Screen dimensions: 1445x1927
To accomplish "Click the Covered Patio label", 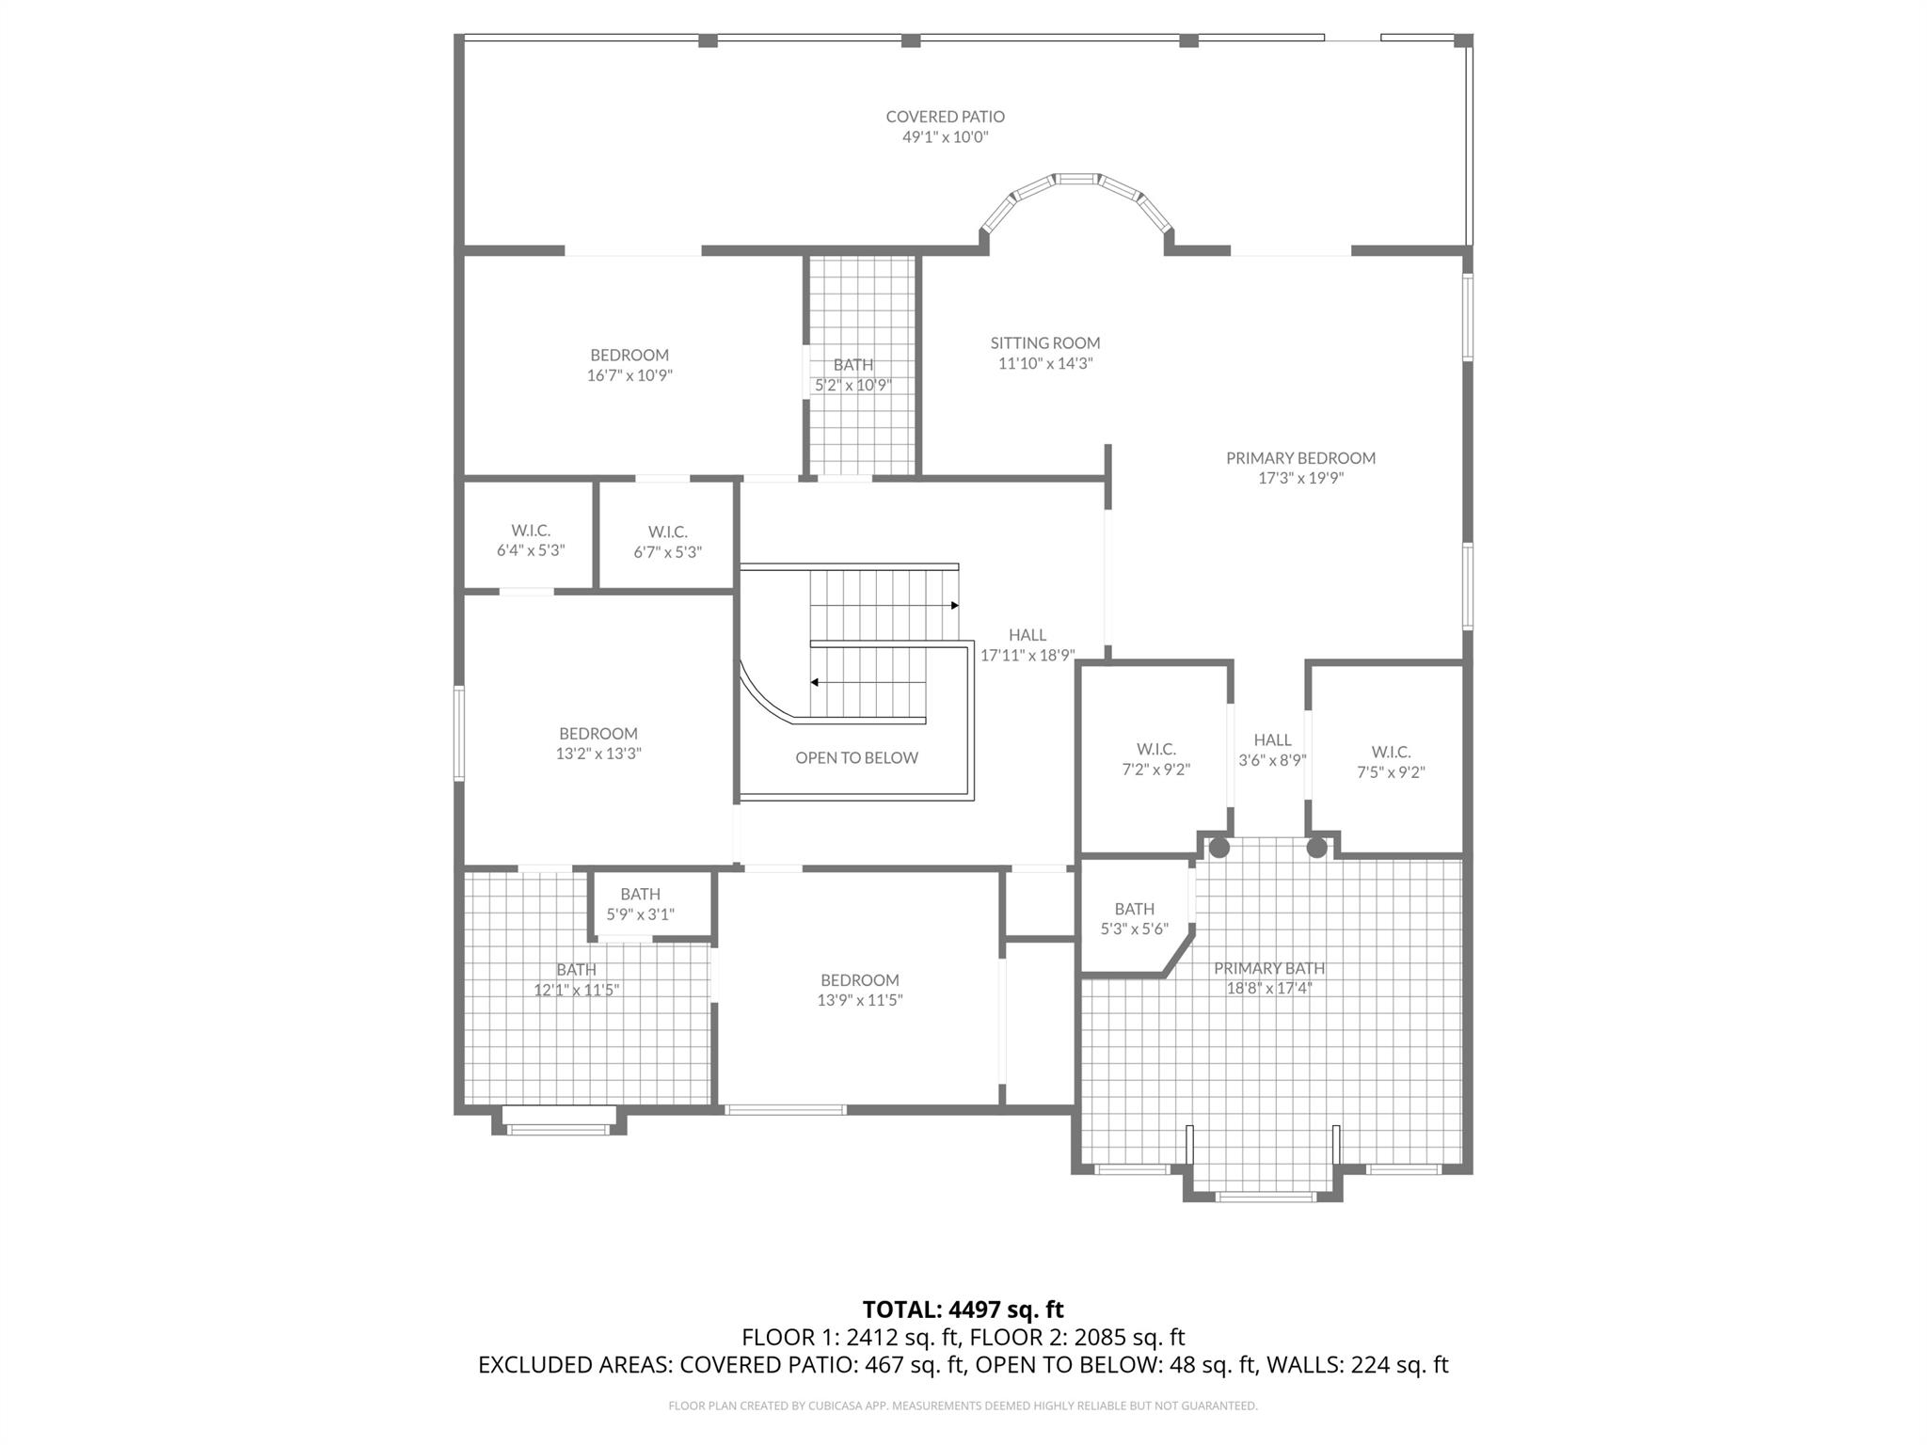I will tap(945, 117).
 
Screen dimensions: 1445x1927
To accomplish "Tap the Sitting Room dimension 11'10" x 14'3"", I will tap(1044, 364).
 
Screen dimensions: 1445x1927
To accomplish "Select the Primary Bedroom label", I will tap(1300, 458).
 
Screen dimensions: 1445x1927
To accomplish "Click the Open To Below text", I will tap(856, 757).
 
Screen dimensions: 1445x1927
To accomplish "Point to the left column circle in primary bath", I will tap(1218, 848).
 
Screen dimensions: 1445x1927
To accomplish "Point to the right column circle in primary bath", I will tap(1316, 848).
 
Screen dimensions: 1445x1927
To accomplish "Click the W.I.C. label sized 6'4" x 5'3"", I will tap(531, 531).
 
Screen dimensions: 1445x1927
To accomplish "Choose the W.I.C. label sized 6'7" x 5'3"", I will tap(667, 532).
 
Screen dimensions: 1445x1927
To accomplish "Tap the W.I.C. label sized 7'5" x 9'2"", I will tap(1391, 752).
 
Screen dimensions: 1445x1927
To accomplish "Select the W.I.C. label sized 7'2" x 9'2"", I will tap(1155, 749).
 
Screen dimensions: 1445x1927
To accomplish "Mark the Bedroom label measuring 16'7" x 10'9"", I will tap(629, 355).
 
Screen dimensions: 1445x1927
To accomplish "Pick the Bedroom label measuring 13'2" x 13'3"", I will tap(597, 733).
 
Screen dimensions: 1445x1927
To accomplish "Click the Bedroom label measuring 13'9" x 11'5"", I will tap(859, 980).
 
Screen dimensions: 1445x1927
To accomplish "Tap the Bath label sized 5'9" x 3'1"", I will tap(640, 894).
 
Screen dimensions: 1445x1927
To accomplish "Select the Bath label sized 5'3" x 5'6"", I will tap(1134, 909).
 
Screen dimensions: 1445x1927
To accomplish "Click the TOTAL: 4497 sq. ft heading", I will tap(963, 1310).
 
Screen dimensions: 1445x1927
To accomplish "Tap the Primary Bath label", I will tap(1268, 968).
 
